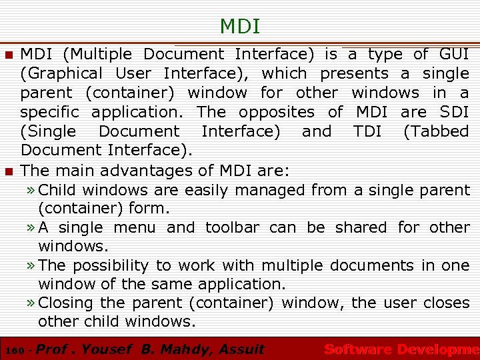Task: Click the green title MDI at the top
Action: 240,27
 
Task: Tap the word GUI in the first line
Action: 454,54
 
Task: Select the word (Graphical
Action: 61,73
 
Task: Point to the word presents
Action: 354,73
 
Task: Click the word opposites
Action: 276,112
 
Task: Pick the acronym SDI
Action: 455,112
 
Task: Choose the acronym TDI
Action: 367,131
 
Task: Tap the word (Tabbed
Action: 437,131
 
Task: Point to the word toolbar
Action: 232,227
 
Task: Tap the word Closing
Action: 66,303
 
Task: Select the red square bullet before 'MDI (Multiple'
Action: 9,55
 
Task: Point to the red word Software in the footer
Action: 357,349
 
